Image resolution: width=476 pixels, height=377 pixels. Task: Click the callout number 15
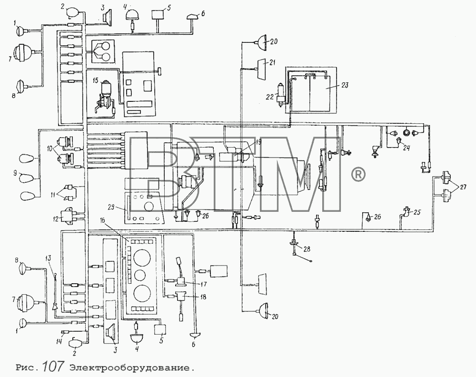(96, 80)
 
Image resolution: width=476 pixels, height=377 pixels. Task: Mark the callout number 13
(48, 258)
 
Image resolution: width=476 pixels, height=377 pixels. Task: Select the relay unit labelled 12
(69, 216)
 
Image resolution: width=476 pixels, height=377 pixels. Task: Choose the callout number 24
(407, 148)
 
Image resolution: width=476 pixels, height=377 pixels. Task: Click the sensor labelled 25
(406, 211)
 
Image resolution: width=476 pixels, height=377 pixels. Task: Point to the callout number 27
(463, 187)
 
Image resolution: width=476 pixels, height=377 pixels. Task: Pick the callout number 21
(272, 62)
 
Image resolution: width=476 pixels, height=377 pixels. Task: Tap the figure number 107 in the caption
(53, 367)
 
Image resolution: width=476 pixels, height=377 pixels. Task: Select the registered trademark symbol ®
(358, 174)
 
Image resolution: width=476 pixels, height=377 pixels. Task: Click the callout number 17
(203, 284)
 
